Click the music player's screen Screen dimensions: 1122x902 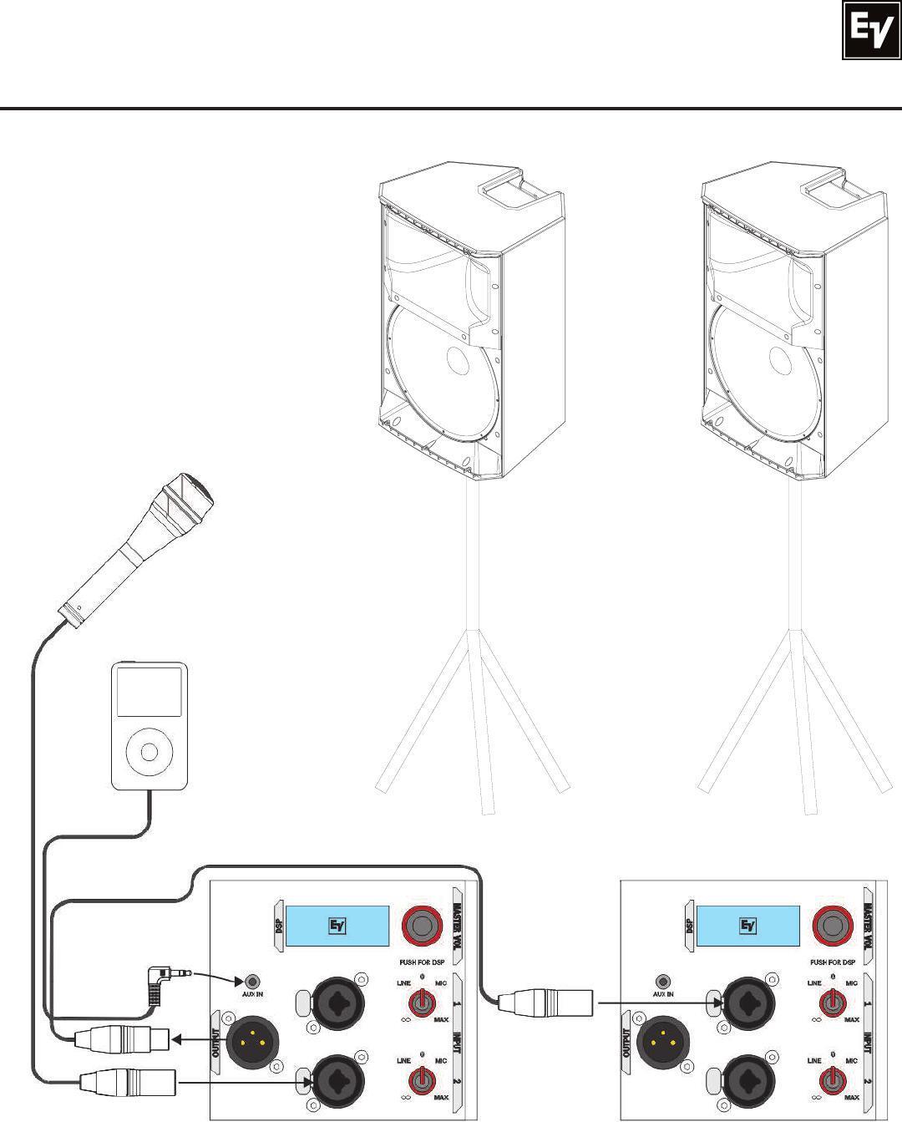149,691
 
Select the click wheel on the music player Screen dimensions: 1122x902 149,751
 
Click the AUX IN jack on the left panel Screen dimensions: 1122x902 248,981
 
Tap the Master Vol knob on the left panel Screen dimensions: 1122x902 423,925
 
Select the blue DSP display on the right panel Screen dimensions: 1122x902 748,925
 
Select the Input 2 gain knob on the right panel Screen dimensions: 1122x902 831,1083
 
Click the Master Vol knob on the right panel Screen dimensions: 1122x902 832,925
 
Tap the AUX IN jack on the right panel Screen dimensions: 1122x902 663,981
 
